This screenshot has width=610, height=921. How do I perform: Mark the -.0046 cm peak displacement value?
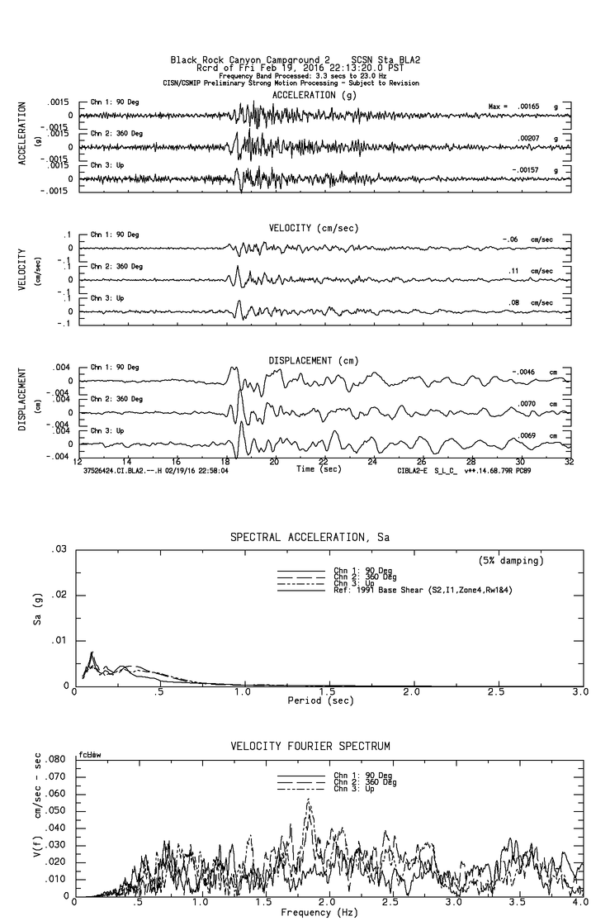pyautogui.click(x=526, y=373)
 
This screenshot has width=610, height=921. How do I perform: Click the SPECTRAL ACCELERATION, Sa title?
pyautogui.click(x=310, y=537)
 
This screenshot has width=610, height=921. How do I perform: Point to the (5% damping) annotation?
pyautogui.click(x=511, y=561)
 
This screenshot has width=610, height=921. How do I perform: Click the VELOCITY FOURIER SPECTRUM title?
pyautogui.click(x=310, y=746)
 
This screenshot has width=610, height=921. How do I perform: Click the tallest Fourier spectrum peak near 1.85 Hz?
pyautogui.click(x=308, y=800)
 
